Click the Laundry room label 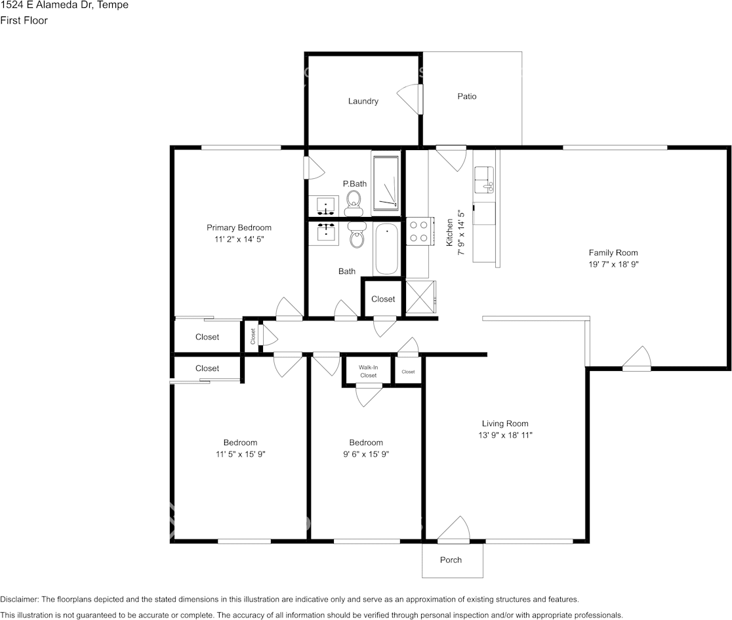(363, 102)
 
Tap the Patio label (467, 96)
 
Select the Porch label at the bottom (451, 560)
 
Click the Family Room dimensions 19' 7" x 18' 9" (613, 264)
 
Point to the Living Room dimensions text (505, 435)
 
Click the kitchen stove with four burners (418, 231)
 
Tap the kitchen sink (485, 178)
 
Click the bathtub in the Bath (386, 249)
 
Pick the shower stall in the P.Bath (386, 183)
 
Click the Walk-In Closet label (368, 372)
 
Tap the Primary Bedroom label (239, 228)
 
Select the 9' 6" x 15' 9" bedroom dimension (366, 454)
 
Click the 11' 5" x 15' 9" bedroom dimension (240, 454)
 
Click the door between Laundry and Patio (411, 98)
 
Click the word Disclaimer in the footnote (19, 599)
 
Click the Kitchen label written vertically (450, 233)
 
